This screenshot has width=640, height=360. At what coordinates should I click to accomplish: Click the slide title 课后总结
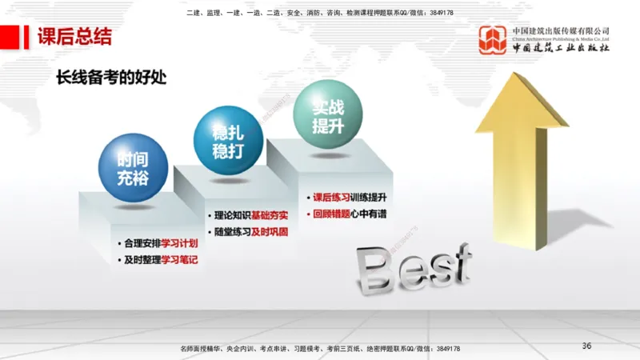(74, 37)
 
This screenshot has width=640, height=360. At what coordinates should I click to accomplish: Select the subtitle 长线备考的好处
(115, 78)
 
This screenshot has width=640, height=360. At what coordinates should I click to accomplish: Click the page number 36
(586, 346)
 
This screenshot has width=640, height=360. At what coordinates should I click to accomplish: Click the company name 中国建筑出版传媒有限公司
(561, 30)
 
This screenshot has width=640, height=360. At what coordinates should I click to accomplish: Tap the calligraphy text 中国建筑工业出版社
(561, 47)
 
